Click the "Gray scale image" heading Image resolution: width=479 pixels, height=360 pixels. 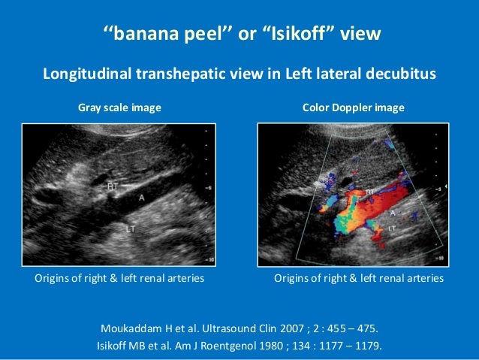(x=119, y=108)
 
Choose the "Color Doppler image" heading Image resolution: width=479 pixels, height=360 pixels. (x=353, y=108)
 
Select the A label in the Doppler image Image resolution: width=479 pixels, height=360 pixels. (x=391, y=213)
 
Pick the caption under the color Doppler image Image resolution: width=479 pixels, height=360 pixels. (x=359, y=279)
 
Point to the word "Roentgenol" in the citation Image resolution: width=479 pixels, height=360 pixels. (x=234, y=346)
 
